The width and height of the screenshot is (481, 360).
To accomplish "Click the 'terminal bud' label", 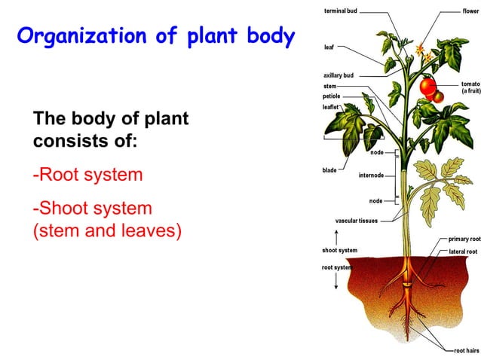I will (342, 11).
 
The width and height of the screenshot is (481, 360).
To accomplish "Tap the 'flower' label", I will (471, 11).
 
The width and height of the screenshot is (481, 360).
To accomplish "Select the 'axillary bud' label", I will (339, 76).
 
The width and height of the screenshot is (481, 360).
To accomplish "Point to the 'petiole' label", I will (332, 96).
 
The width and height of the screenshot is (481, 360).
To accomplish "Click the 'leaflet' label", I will (331, 107).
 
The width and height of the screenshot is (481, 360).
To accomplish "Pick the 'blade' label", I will (329, 170).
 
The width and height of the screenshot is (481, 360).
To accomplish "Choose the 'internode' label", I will (371, 175).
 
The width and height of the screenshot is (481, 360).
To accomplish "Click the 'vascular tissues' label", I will (357, 221).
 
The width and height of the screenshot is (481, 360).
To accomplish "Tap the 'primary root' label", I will (464, 239).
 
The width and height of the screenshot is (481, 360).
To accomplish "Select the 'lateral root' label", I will (463, 251).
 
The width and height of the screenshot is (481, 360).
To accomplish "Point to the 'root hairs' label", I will (466, 350).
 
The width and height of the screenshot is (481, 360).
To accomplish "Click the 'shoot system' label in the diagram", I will (340, 250).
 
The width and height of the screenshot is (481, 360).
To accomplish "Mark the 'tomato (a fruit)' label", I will (470, 87).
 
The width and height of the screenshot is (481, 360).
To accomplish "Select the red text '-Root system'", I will (87, 175).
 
